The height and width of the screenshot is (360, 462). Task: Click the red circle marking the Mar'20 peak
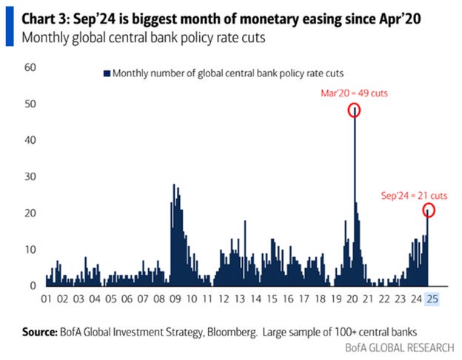[355, 110]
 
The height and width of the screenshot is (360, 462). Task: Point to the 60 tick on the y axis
[31, 67]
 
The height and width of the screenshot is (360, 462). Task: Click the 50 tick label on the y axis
[31, 104]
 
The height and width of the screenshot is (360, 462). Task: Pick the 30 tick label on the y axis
[31, 176]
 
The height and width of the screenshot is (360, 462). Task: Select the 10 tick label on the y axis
[31, 249]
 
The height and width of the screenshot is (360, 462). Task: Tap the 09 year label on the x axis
[175, 299]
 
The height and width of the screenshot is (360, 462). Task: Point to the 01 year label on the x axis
[47, 299]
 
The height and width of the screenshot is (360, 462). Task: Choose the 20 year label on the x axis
[354, 299]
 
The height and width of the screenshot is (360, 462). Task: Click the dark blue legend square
[107, 73]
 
